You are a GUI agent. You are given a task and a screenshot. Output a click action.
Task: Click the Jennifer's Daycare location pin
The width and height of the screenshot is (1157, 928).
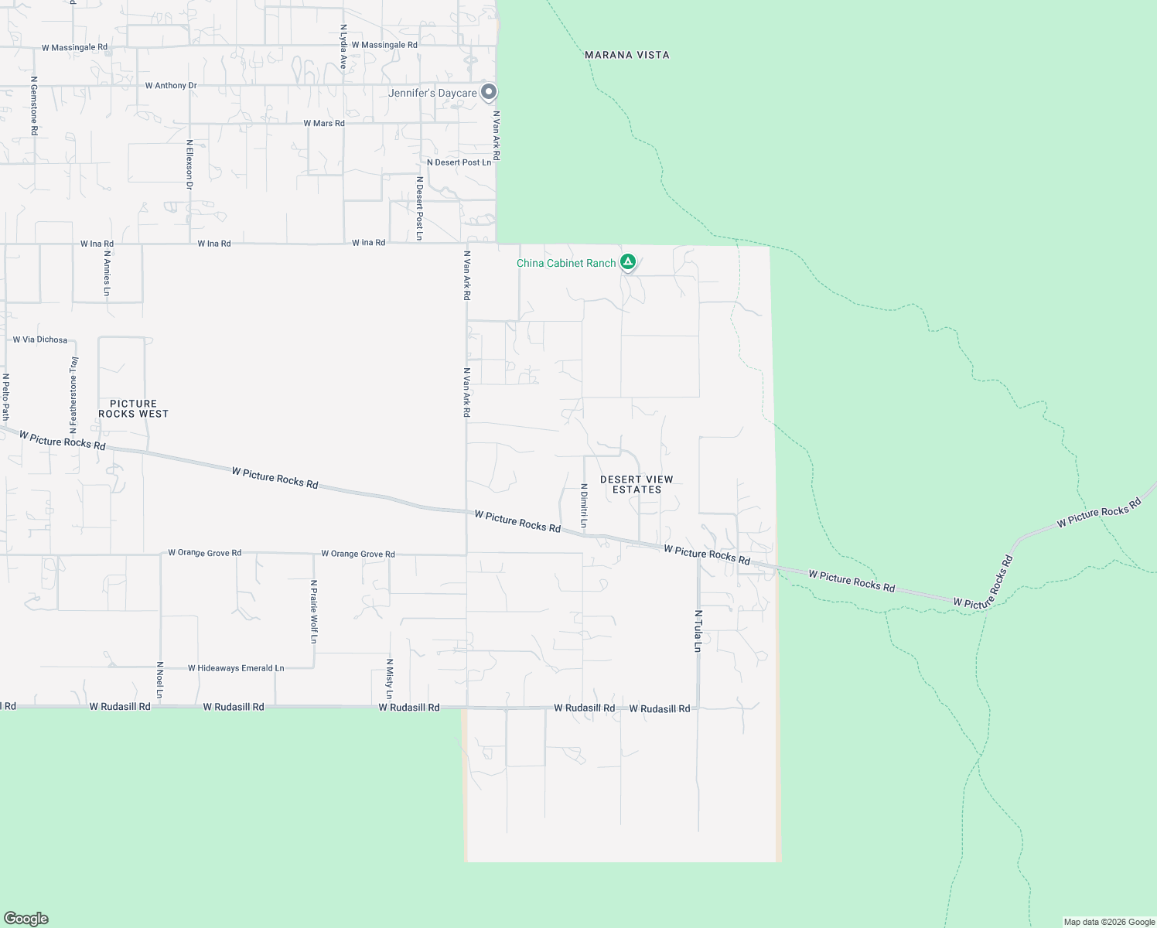point(489,93)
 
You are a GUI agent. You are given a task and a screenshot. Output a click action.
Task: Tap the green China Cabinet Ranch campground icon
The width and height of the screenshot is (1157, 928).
point(629,263)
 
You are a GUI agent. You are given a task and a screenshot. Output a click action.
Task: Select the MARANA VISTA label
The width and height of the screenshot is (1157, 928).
point(627,55)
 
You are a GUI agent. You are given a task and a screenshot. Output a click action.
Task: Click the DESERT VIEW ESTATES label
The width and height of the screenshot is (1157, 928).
point(637,484)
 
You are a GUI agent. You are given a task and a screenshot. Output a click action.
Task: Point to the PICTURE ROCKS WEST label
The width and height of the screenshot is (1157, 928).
point(133,408)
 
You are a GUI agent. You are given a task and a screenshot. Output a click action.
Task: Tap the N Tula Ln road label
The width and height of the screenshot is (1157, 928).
point(698,631)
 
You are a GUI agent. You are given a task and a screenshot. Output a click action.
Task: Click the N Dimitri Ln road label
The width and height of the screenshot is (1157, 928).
point(584,507)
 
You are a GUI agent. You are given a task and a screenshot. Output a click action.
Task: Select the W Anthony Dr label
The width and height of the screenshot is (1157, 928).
point(171,86)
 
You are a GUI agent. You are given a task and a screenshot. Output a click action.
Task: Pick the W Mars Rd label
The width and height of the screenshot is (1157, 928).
point(324,123)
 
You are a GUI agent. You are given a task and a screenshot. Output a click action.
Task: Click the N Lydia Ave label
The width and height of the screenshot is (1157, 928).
point(343,46)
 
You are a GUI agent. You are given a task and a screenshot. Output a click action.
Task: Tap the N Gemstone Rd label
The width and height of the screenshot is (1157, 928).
point(34,106)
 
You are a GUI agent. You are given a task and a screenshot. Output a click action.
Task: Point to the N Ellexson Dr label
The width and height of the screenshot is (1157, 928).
point(189,165)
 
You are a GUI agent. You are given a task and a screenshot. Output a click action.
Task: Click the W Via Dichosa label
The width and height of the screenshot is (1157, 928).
point(40,339)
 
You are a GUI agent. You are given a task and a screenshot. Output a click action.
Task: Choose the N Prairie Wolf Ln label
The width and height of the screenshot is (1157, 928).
point(314,612)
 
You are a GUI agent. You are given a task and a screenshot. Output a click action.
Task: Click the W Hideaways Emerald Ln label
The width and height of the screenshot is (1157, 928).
point(236,668)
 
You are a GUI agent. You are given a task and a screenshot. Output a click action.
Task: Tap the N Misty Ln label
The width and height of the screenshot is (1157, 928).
point(390,679)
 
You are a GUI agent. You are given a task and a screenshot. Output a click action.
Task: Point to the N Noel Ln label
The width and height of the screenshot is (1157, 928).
point(160,680)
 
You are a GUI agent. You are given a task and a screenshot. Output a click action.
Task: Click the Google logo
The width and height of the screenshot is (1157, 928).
point(26,919)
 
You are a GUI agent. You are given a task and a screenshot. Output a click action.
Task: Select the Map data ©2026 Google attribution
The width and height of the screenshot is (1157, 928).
point(1109,922)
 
